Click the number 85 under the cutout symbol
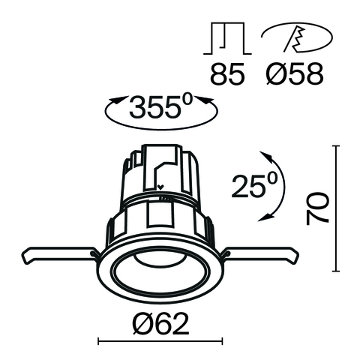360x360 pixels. tap(226, 74)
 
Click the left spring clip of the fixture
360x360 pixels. tap(56, 256)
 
